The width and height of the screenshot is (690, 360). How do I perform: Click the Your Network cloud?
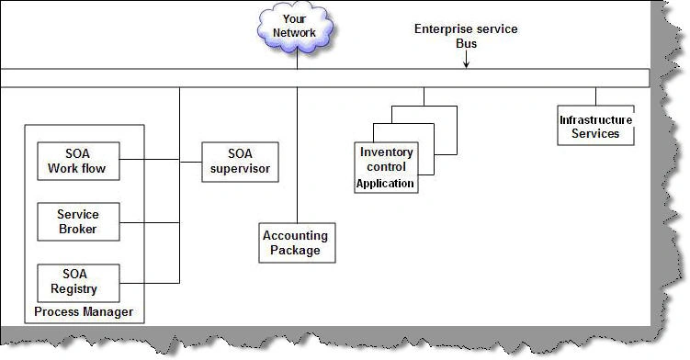(x=295, y=27)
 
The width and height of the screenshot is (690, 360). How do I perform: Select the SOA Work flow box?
(x=78, y=161)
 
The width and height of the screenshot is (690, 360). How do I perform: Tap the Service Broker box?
(x=78, y=222)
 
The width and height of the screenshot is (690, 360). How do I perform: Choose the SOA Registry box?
(x=78, y=283)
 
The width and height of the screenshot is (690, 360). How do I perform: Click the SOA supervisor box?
(x=241, y=162)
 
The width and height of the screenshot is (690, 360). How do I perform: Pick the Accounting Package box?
(x=297, y=243)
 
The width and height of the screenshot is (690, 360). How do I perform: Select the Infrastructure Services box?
(x=596, y=126)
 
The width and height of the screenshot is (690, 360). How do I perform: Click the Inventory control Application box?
(x=386, y=168)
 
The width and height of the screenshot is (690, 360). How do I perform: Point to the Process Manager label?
(x=84, y=312)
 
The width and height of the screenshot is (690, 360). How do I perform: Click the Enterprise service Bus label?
(x=466, y=36)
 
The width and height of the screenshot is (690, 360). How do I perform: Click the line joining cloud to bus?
(x=297, y=61)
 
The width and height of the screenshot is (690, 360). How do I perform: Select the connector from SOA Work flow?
(x=150, y=159)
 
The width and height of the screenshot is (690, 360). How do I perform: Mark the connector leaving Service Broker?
(x=150, y=222)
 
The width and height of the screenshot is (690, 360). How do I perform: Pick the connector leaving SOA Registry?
(x=150, y=283)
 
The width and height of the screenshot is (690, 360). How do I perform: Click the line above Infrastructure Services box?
(x=596, y=96)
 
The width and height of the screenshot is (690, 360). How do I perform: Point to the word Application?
(x=386, y=184)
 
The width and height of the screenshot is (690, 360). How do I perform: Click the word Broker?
(x=78, y=229)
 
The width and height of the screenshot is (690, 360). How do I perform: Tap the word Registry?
(x=74, y=289)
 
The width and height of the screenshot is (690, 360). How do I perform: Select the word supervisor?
(x=241, y=169)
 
